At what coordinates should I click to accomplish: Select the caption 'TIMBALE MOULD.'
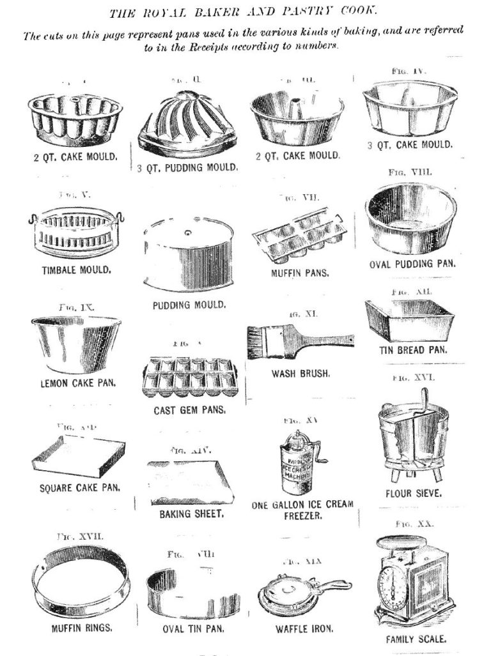68,269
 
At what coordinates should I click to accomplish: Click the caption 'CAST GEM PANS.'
189,410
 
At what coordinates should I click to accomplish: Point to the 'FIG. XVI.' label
414,378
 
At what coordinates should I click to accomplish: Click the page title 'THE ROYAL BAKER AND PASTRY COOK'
245,12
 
